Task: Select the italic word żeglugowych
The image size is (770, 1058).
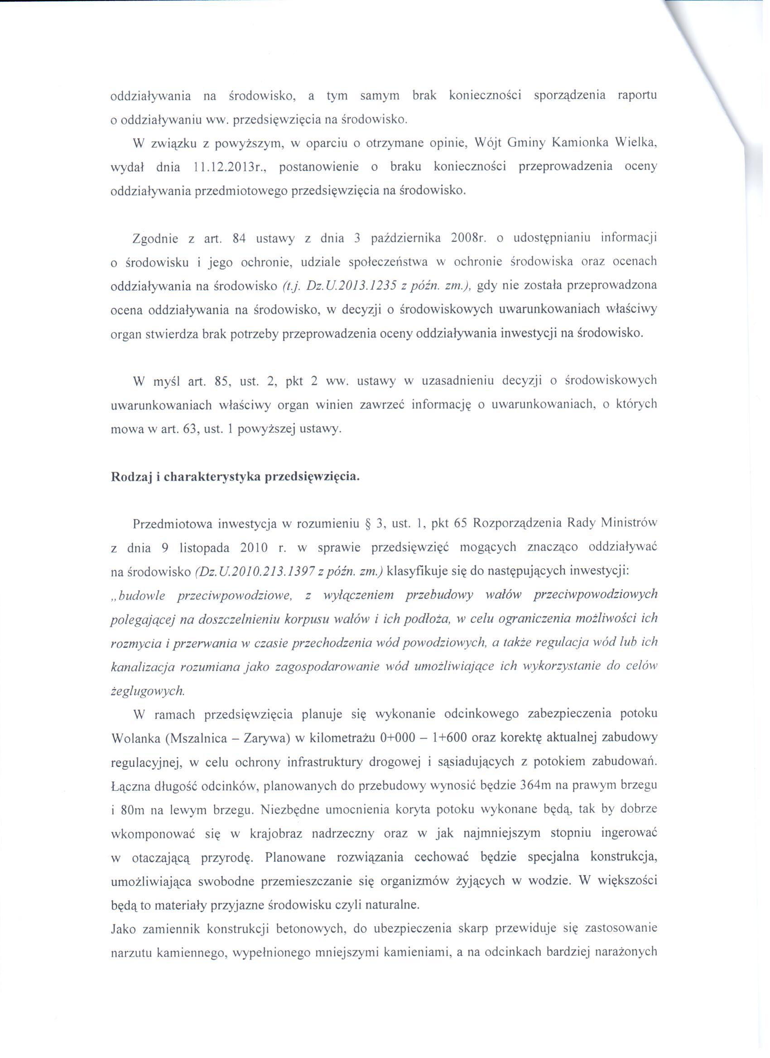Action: [148, 692]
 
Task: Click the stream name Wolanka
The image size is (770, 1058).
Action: [132, 739]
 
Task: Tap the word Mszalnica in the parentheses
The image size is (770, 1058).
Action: [192, 739]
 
